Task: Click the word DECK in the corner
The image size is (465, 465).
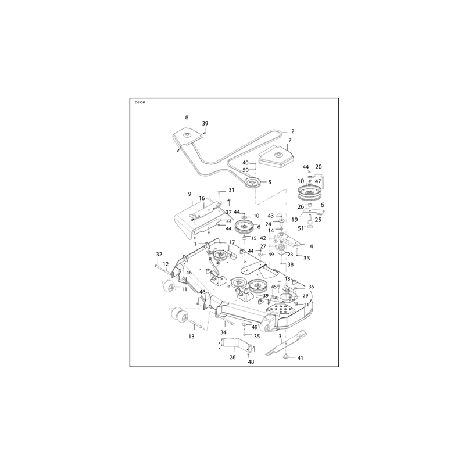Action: [140, 102]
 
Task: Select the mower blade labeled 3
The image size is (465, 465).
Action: [286, 342]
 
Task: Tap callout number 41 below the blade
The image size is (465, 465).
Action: [300, 358]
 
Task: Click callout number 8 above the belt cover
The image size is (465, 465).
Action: [187, 117]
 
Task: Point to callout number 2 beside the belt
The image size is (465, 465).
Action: [293, 131]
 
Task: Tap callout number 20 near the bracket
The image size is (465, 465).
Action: [319, 167]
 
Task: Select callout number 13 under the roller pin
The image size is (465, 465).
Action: [192, 337]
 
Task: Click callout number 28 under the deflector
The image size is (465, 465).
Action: [233, 357]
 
